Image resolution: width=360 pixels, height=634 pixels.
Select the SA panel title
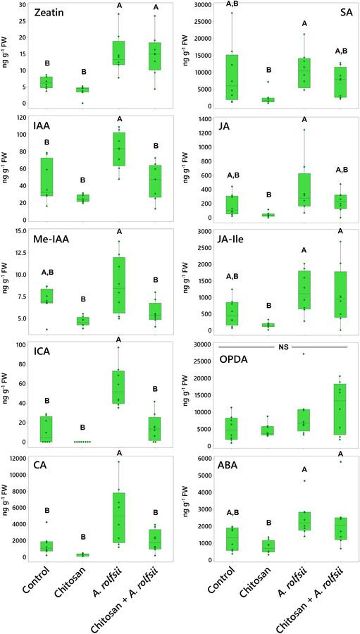[335, 14]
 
